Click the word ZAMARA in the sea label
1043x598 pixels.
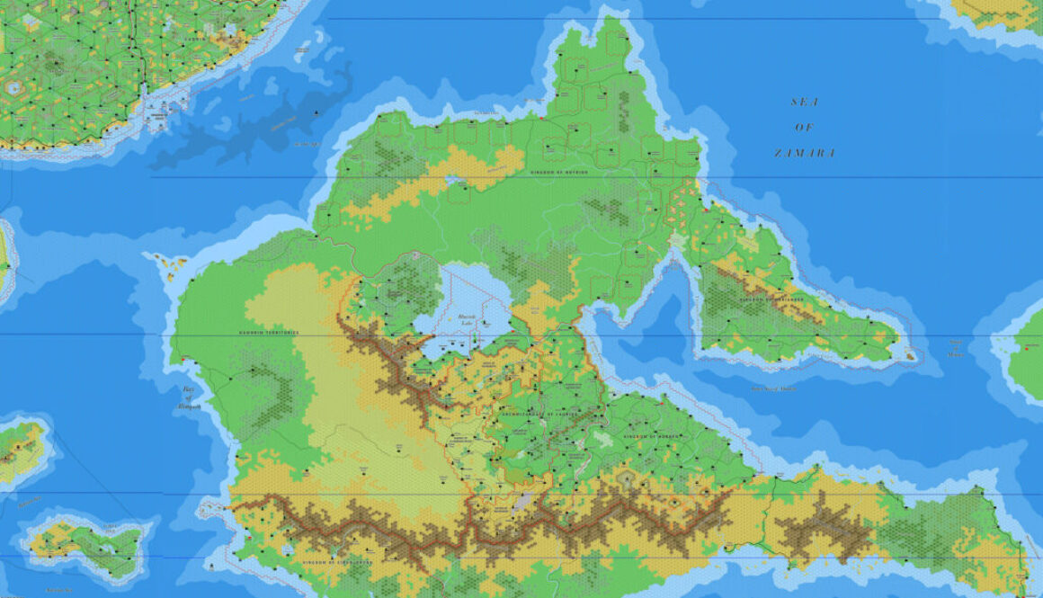pos(805,154)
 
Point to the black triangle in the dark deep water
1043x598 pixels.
pos(316,112)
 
